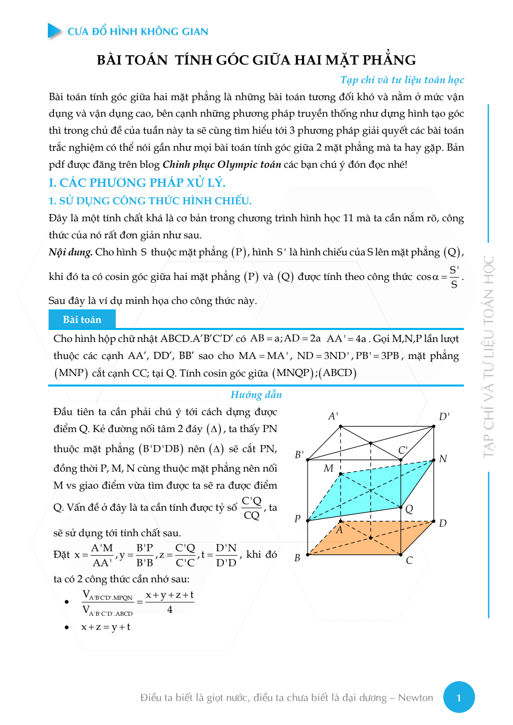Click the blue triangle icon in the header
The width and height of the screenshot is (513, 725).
coord(54,31)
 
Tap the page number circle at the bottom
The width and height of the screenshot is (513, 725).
coord(459,697)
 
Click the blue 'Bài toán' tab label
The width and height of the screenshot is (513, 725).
coord(82,319)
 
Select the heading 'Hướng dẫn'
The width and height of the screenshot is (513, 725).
coord(256,395)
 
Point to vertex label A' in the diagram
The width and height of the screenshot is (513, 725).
coord(333,416)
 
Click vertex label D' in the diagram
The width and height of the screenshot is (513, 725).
coord(444,417)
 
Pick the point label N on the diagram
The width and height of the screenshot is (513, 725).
coord(443,459)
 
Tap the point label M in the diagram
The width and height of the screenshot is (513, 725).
coord(328,468)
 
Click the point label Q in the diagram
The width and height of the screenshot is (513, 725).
coord(409,509)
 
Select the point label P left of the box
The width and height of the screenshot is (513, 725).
coord(298,518)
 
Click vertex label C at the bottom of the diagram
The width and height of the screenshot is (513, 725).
coord(409,560)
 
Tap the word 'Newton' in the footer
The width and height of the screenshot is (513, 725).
coord(415,697)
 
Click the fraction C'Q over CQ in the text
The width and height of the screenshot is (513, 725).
coord(251,508)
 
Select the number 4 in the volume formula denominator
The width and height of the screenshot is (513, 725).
coord(170,609)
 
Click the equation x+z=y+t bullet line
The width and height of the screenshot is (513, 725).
coord(106,627)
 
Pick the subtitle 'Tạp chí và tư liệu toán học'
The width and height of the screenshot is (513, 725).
coord(402,80)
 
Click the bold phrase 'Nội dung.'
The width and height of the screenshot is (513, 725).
coord(71,252)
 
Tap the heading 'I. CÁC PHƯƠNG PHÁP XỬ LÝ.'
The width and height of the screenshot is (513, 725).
coord(137,183)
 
